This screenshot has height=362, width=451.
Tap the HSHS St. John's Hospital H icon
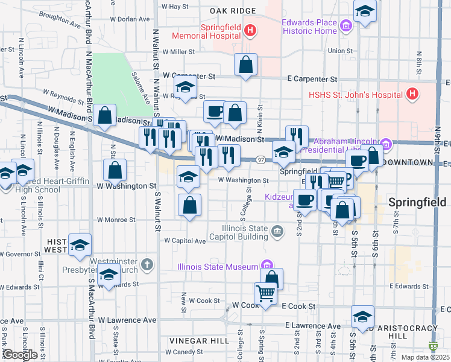(412, 94)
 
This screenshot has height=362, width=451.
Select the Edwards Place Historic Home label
(309, 27)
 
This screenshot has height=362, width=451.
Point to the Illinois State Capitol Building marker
(277, 229)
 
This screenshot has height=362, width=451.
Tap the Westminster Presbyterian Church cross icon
(147, 264)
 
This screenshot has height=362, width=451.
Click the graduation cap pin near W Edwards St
(109, 275)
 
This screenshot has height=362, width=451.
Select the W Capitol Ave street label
(185, 241)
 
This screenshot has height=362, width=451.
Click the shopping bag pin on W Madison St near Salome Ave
(105, 116)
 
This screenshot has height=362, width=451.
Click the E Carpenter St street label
(312, 79)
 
